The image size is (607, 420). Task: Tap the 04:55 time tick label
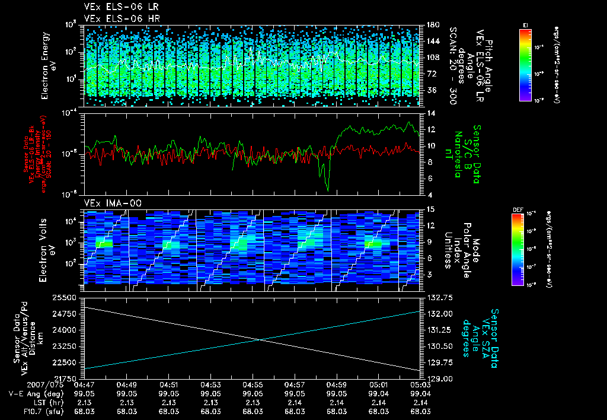[x=253, y=384]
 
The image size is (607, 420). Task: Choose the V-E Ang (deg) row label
[x=33, y=393]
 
